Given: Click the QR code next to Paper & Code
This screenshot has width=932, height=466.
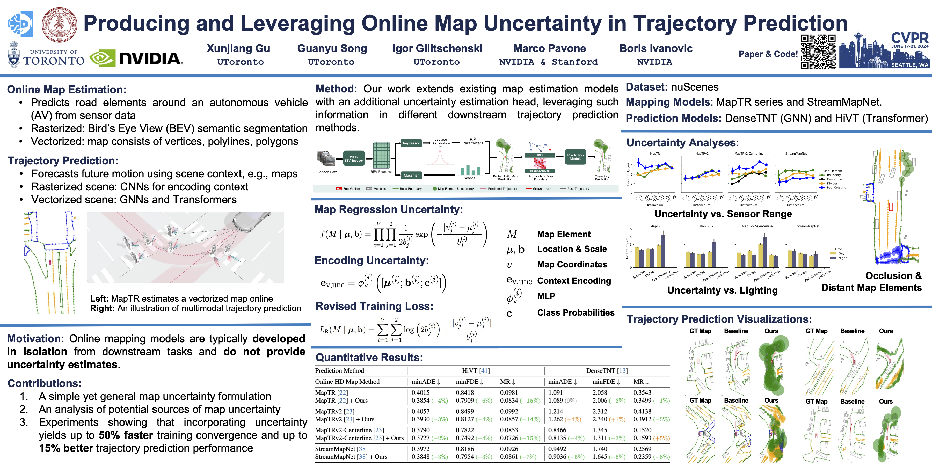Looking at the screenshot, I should pos(818,52).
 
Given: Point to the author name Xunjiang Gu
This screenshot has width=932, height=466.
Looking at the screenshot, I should pos(238,48).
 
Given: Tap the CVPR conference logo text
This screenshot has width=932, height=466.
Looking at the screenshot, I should pos(909,38).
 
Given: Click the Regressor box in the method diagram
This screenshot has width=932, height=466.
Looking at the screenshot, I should pos(411,143).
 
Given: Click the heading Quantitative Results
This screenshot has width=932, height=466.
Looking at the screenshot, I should pos(369,358).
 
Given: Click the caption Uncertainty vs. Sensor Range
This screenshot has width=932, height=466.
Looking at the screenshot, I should pos(723,214).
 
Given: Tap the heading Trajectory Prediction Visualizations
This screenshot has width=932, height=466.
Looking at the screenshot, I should pos(719,319).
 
